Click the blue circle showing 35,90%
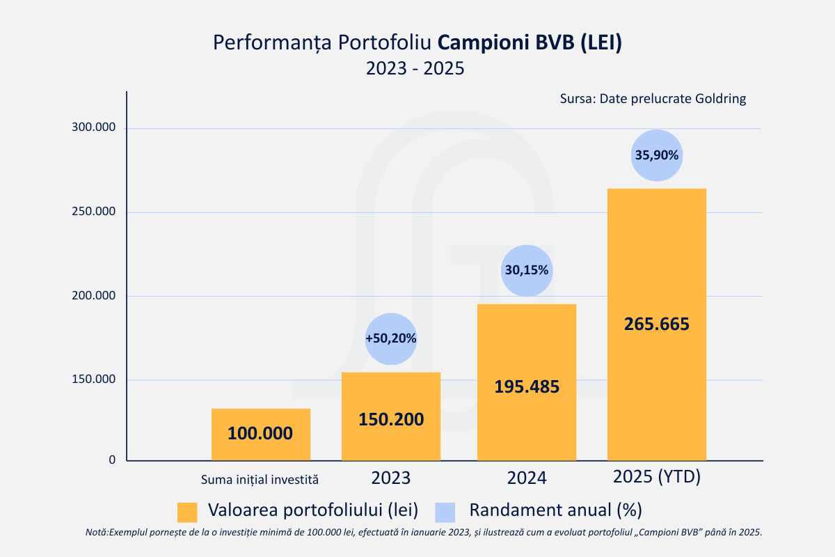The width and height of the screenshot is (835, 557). [657, 155]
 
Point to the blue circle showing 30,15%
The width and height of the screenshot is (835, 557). [527, 270]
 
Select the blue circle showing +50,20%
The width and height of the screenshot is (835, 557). [391, 338]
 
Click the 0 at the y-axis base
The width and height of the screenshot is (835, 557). [112, 460]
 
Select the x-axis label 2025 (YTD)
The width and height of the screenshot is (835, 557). [656, 478]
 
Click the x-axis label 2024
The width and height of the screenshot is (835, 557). [527, 478]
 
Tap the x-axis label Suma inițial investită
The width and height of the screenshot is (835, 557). [260, 479]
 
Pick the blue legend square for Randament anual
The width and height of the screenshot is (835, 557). [445, 512]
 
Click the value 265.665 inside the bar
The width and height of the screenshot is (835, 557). [656, 324]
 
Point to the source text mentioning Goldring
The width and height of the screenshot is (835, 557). [653, 98]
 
